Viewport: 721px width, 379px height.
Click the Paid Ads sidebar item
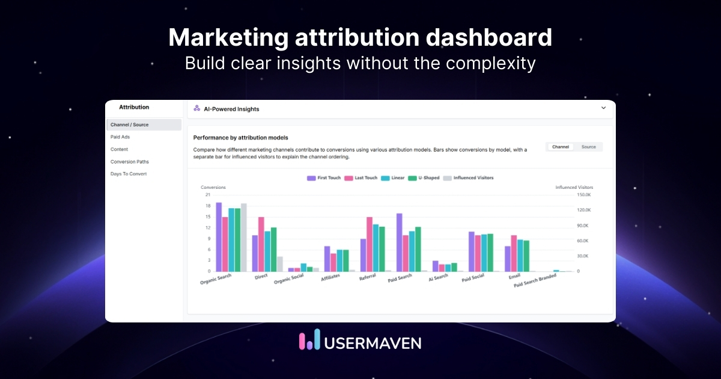(x=120, y=137)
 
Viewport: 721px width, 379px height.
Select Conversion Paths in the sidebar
(x=129, y=162)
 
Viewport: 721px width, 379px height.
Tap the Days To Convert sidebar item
(x=129, y=174)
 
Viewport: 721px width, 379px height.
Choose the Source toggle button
(x=588, y=147)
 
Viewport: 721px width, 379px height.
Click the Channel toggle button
(x=560, y=147)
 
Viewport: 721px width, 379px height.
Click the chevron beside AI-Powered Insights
(x=604, y=108)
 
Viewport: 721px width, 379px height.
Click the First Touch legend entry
(x=324, y=178)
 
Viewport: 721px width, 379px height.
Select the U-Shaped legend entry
(x=424, y=178)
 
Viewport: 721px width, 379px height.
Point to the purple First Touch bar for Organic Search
(x=219, y=237)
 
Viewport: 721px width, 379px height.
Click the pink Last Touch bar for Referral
(x=370, y=244)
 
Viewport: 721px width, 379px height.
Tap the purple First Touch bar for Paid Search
(x=399, y=242)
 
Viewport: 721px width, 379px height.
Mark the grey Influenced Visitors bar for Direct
(x=279, y=264)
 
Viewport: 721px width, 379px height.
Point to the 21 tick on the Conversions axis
(x=207, y=194)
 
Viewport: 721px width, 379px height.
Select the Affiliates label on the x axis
(x=330, y=277)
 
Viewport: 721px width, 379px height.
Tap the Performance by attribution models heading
(x=240, y=138)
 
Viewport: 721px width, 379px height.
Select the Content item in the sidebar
(x=119, y=149)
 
